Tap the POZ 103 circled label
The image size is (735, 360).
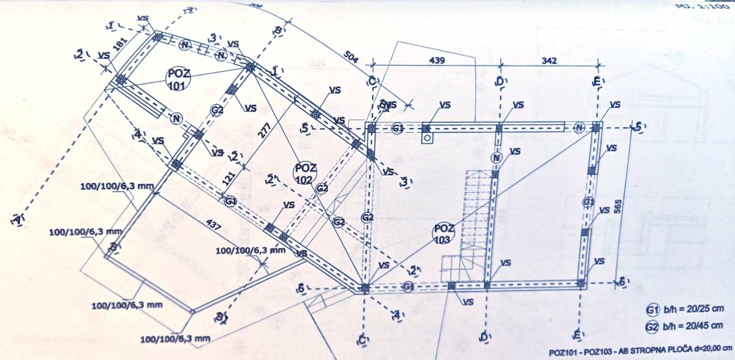pyautogui.click(x=444, y=233)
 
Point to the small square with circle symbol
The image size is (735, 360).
pyautogui.click(x=426, y=138)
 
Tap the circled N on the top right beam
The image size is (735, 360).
pyautogui.click(x=579, y=127)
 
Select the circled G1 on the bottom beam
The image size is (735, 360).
pyautogui.click(x=409, y=287)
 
